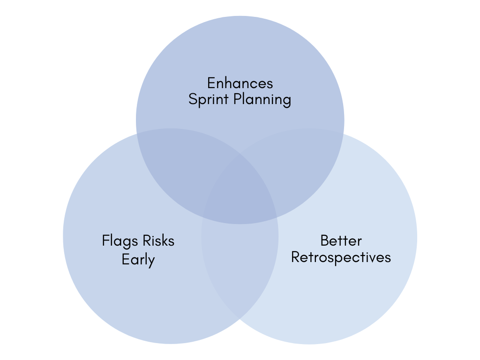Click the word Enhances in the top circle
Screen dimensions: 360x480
point(240,83)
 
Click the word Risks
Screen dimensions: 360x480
point(158,241)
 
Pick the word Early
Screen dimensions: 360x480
point(138,259)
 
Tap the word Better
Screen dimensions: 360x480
point(341,240)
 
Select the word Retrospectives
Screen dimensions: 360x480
point(341,257)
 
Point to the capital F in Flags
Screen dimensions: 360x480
point(105,241)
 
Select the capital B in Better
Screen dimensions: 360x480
point(324,240)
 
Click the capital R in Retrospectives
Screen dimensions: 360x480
point(295,257)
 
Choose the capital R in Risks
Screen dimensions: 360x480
point(145,241)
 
